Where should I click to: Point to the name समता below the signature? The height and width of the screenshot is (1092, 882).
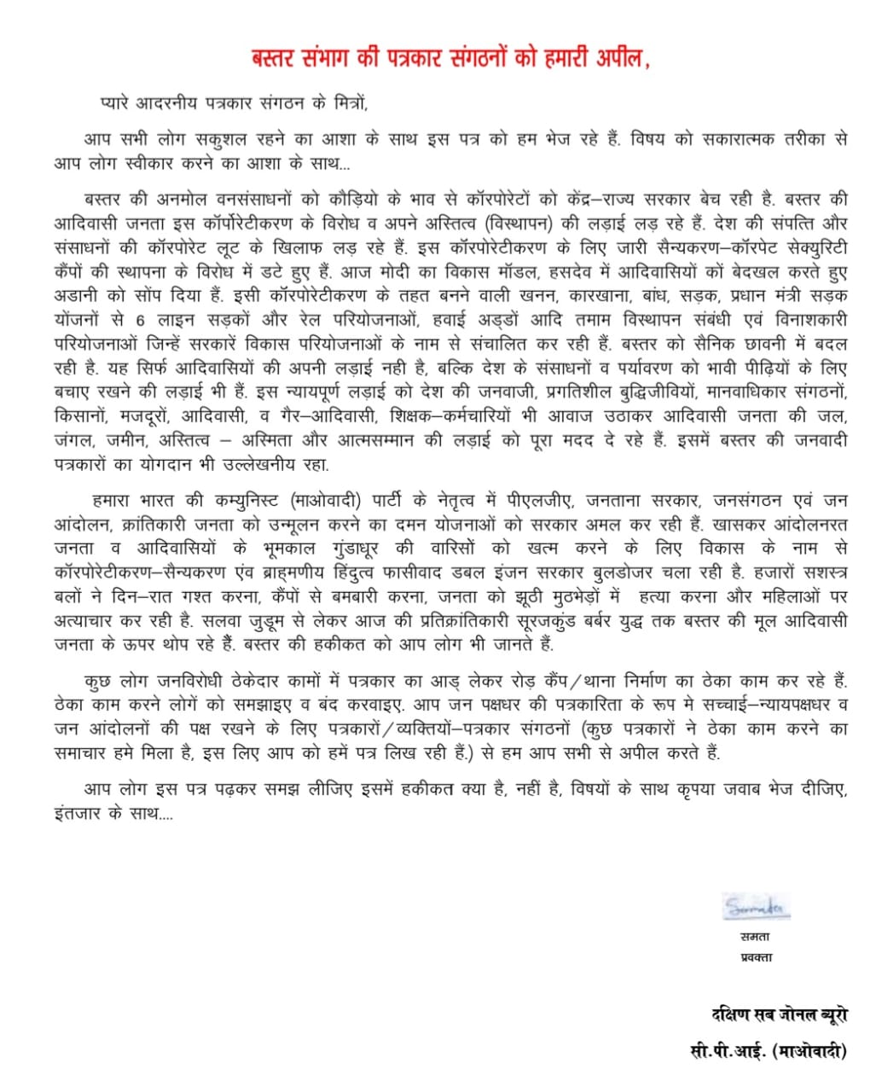[x=732, y=936]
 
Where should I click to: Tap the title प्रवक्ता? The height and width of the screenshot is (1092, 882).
[x=744, y=957]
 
